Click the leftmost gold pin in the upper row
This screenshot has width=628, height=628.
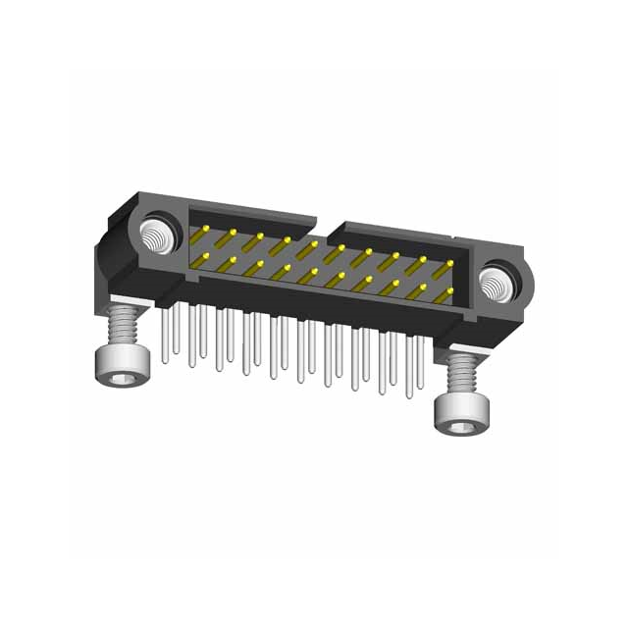[x=207, y=232]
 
